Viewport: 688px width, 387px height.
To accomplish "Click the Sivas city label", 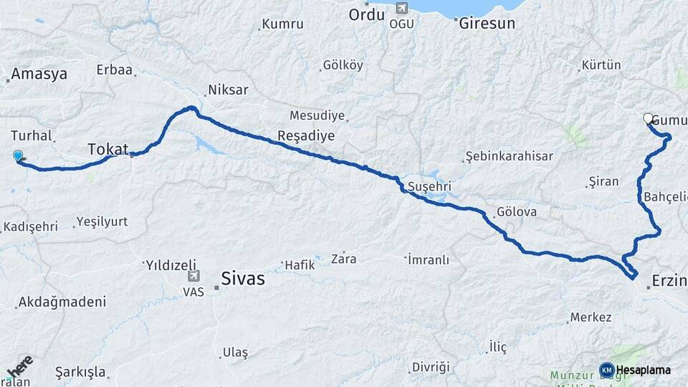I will [242, 278].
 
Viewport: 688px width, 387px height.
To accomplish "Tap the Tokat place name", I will [107, 149].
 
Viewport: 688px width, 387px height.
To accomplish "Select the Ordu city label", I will [367, 14].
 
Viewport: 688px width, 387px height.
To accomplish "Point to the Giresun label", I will [487, 22].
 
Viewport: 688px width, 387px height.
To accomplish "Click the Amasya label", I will [39, 74].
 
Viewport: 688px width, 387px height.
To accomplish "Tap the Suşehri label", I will [429, 186].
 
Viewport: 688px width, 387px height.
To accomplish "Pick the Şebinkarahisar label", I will [507, 156].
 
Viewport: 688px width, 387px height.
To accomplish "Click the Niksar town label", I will [227, 90].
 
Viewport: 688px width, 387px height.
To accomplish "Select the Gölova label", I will [516, 213].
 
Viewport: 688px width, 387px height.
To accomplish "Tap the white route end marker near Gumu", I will [649, 119].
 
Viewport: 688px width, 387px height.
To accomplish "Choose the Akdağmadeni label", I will [63, 302].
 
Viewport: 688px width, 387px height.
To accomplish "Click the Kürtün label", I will [601, 64].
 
